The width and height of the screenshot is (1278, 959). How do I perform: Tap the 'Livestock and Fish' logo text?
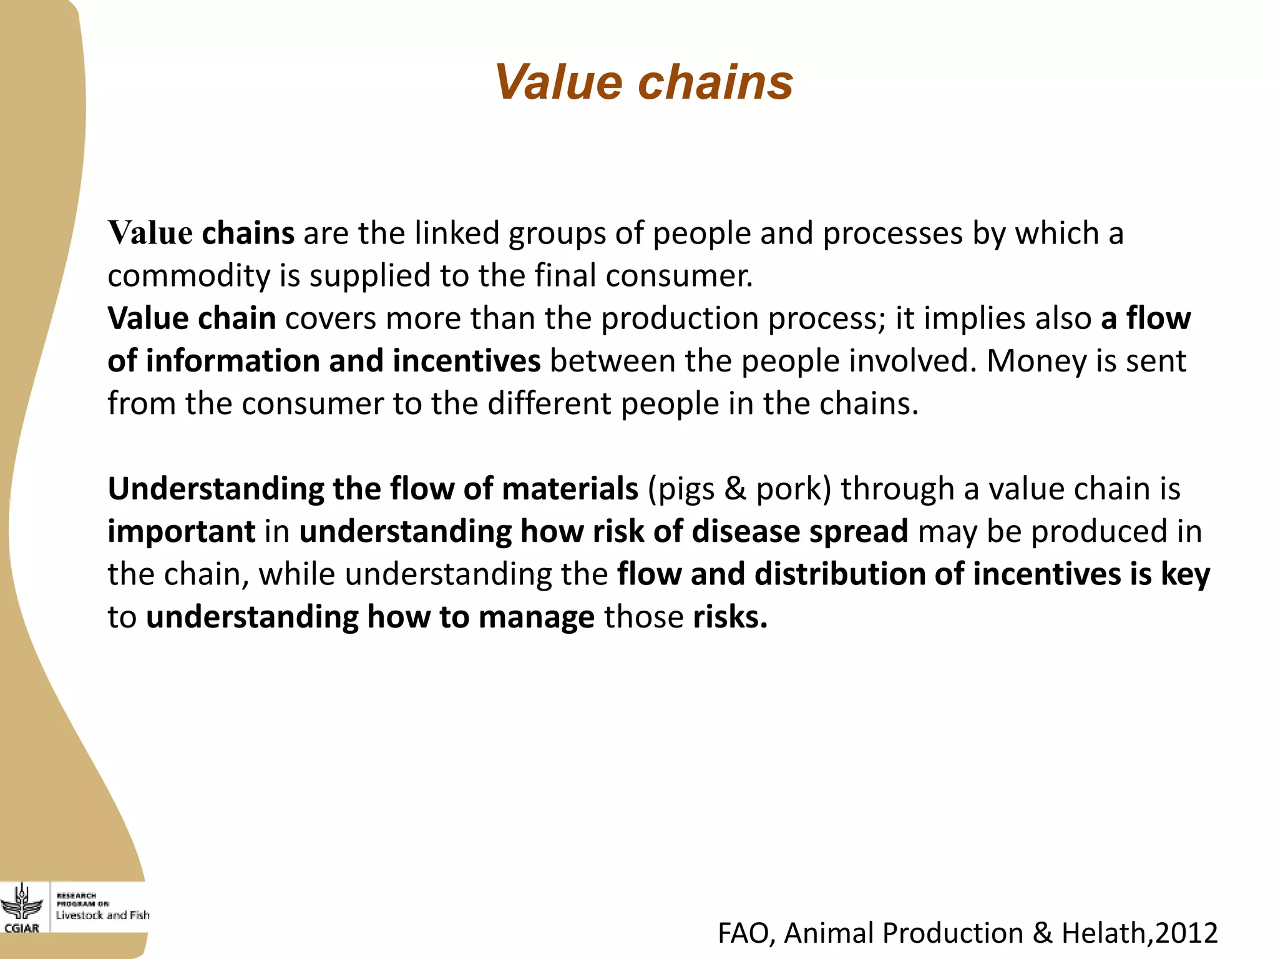102,915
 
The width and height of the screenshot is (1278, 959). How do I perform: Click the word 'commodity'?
189,276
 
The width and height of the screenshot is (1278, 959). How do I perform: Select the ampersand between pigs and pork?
736,489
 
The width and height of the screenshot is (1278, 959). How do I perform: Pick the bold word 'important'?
181,532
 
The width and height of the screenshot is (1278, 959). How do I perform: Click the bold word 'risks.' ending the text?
730,617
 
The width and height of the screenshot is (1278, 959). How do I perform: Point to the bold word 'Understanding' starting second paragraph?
215,489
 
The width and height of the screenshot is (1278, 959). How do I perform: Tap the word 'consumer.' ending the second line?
680,276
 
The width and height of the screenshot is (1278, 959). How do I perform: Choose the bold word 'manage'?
537,617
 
